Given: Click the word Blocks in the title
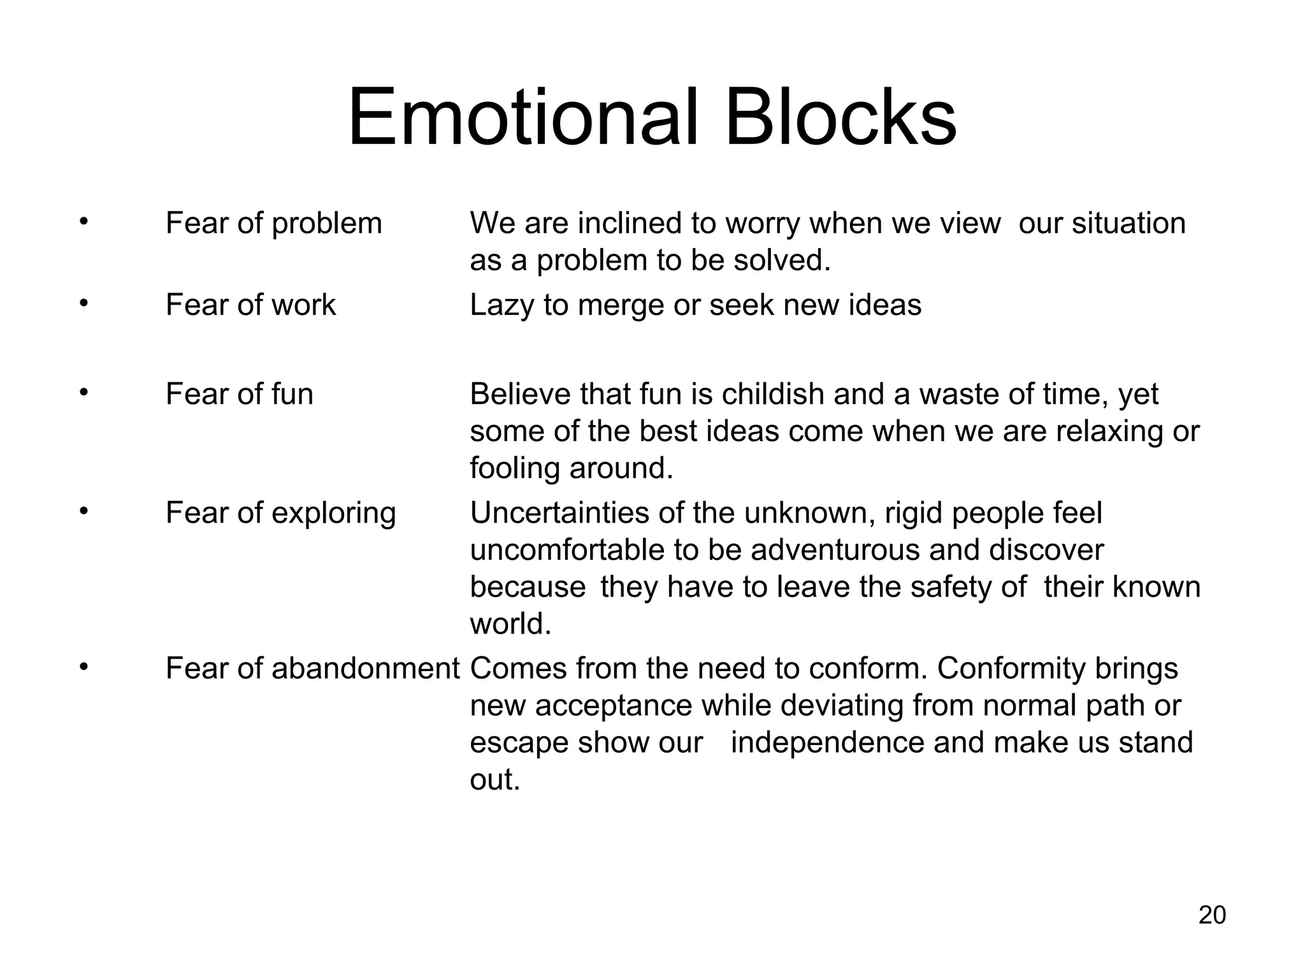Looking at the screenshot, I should pyautogui.click(x=840, y=118).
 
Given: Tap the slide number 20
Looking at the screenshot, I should pyautogui.click(x=1212, y=915).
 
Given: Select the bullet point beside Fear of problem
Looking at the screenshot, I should pyautogui.click(x=82, y=222).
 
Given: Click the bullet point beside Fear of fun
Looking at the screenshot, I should pyautogui.click(x=82, y=393).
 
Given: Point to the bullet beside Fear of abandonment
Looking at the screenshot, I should pyautogui.click(x=82, y=667).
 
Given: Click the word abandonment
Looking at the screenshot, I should pyautogui.click(x=365, y=669).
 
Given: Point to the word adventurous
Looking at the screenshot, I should pyautogui.click(x=835, y=550).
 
